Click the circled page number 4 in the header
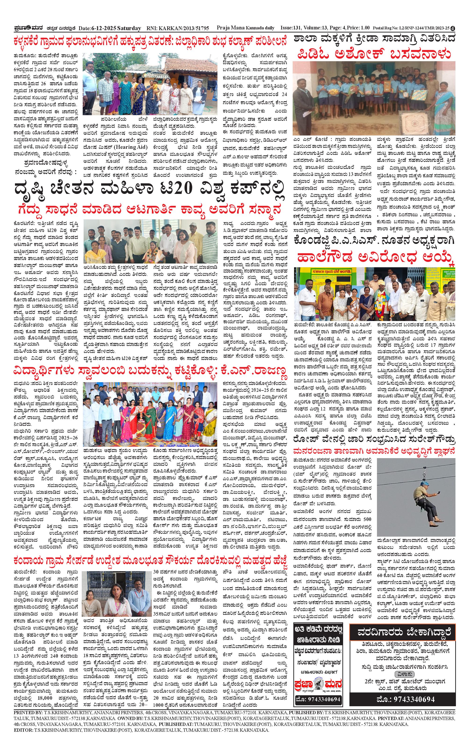[x=454, y=28]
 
